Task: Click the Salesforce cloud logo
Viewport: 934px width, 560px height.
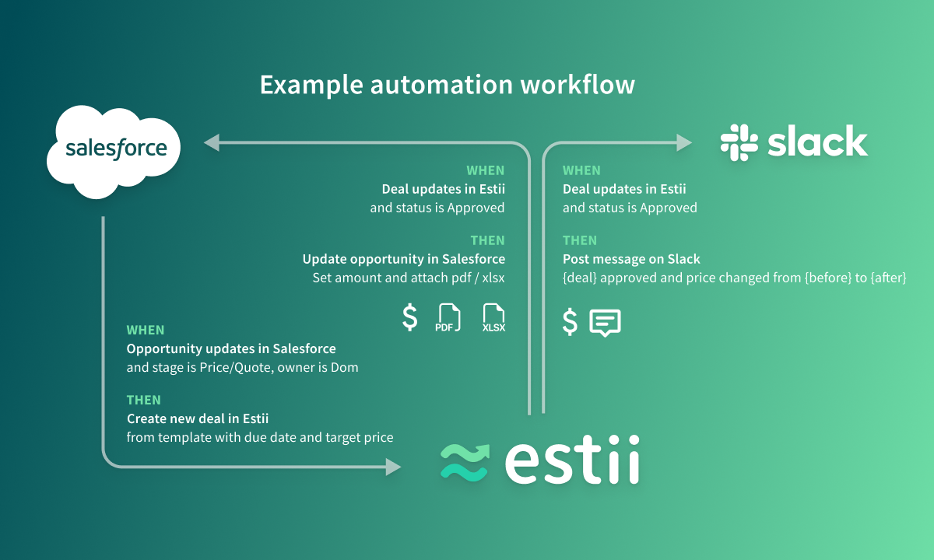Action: [x=114, y=152]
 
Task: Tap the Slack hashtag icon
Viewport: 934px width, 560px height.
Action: [x=739, y=142]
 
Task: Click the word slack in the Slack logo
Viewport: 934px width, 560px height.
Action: [x=818, y=141]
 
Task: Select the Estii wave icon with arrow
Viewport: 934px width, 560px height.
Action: [x=465, y=463]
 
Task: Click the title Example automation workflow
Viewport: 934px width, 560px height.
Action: [x=448, y=85]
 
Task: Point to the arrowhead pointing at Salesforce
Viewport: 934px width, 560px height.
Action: [x=212, y=142]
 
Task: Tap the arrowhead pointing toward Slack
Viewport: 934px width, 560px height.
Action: [x=684, y=142]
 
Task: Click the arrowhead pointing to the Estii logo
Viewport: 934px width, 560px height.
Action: [x=393, y=467]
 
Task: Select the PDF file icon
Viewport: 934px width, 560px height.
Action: [x=448, y=317]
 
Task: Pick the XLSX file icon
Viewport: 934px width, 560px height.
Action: [x=493, y=317]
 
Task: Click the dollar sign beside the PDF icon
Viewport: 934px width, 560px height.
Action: [x=410, y=317]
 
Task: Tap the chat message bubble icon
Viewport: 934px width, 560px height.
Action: [x=605, y=323]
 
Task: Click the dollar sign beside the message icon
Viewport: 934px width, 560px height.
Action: [x=570, y=322]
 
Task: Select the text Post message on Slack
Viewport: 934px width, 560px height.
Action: [x=631, y=259]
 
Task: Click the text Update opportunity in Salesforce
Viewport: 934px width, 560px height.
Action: [x=404, y=259]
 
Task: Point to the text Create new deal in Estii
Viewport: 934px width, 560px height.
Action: [x=198, y=418]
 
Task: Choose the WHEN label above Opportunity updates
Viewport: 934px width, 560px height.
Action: [x=146, y=330]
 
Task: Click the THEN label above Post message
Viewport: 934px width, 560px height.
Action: [x=580, y=240]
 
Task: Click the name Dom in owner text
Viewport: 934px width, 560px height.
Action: [x=344, y=367]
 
